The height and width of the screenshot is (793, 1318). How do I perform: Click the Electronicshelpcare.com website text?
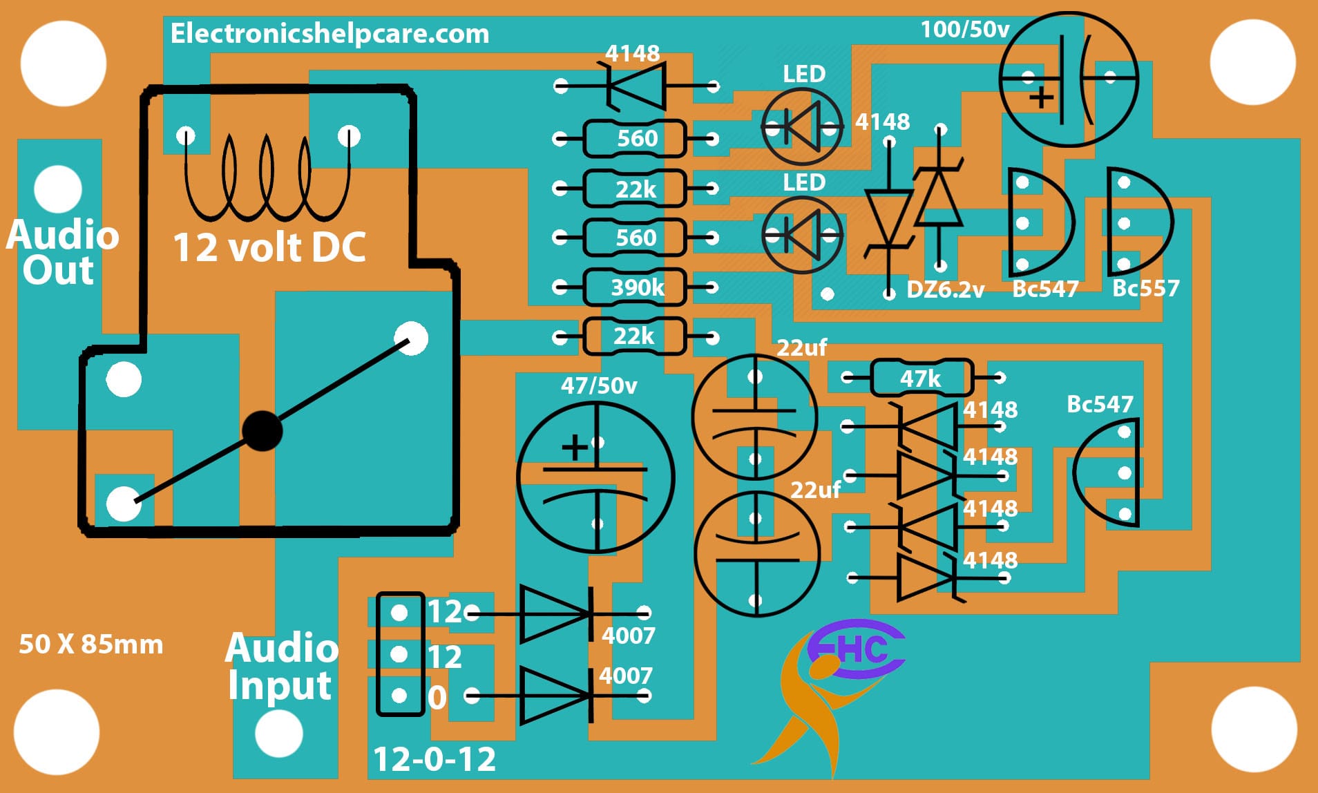pyautogui.click(x=329, y=33)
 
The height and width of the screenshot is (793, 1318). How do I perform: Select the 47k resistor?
pyautogui.click(x=921, y=378)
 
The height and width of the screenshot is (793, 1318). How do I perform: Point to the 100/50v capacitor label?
pyautogui.click(x=964, y=29)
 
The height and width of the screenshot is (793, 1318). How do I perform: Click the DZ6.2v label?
pyautogui.click(x=945, y=289)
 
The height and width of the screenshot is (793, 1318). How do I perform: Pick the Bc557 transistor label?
pyautogui.click(x=1145, y=288)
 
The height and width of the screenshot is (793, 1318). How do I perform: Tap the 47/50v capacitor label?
pyautogui.click(x=598, y=385)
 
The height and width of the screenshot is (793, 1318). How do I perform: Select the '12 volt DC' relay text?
pyautogui.click(x=269, y=247)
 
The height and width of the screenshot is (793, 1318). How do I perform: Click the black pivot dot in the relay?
pyautogui.click(x=262, y=431)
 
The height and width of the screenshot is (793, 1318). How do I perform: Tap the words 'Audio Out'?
pyautogui.click(x=61, y=252)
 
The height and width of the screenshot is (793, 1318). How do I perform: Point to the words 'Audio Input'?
pyautogui.click(x=282, y=666)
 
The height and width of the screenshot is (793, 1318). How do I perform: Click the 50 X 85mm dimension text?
pyautogui.click(x=90, y=644)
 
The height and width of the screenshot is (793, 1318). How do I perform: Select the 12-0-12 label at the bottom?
pyautogui.click(x=434, y=759)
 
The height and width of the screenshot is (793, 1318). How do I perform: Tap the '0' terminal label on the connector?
pyautogui.click(x=437, y=698)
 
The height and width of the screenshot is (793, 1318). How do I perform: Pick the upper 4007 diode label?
pyautogui.click(x=628, y=635)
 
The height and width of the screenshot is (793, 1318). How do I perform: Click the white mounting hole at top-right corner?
pyautogui.click(x=1252, y=62)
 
